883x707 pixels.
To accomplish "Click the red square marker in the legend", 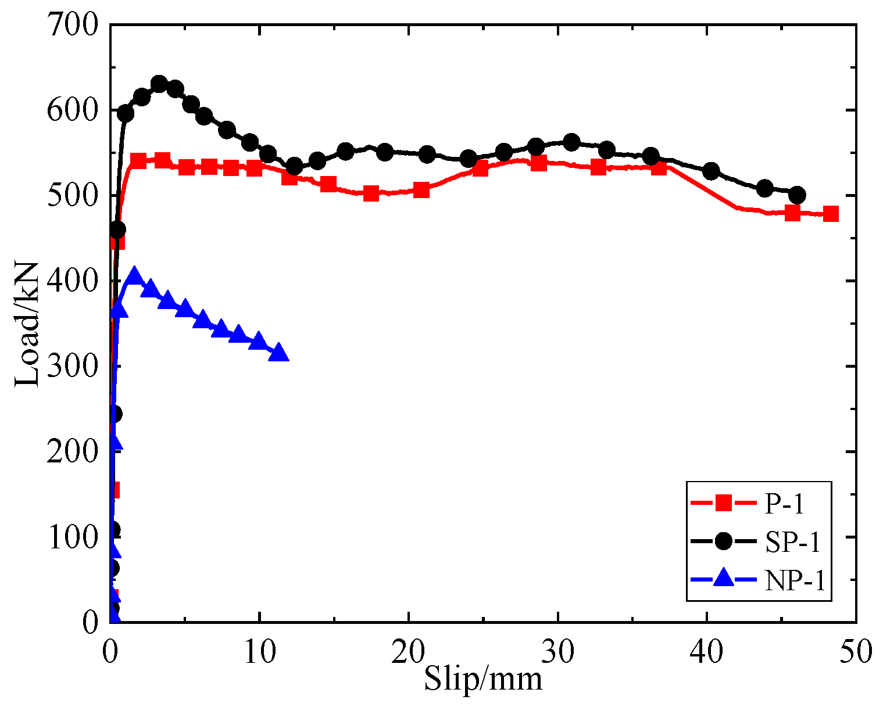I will tap(723, 503).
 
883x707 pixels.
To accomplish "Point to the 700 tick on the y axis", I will tap(73, 26).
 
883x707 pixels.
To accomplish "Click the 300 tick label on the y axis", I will tap(73, 367).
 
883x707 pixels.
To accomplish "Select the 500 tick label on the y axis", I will tap(73, 196).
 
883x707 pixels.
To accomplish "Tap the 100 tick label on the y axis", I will tap(73, 537).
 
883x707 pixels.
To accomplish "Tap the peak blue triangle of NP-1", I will tap(134, 275).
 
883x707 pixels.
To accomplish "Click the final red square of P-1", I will tap(831, 214).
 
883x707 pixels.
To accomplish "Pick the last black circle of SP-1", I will tap(797, 195).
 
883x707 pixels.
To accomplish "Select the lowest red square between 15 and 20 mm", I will tap(371, 193).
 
